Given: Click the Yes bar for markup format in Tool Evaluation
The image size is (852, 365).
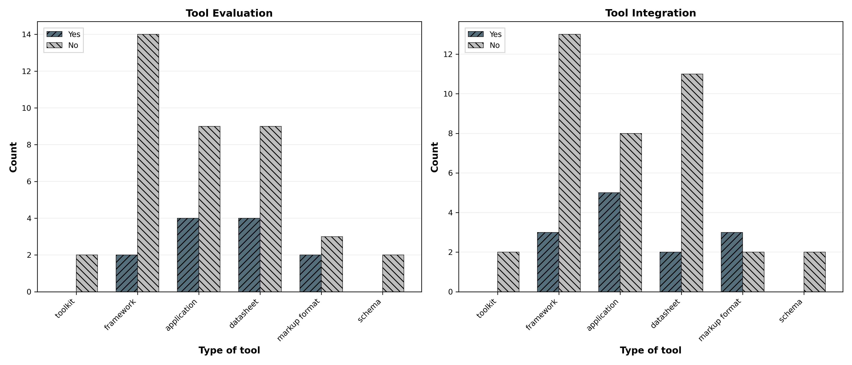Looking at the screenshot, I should (x=310, y=273).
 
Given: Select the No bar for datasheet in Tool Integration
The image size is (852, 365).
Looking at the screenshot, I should (x=692, y=183).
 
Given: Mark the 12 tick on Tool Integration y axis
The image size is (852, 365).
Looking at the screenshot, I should (x=448, y=54).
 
